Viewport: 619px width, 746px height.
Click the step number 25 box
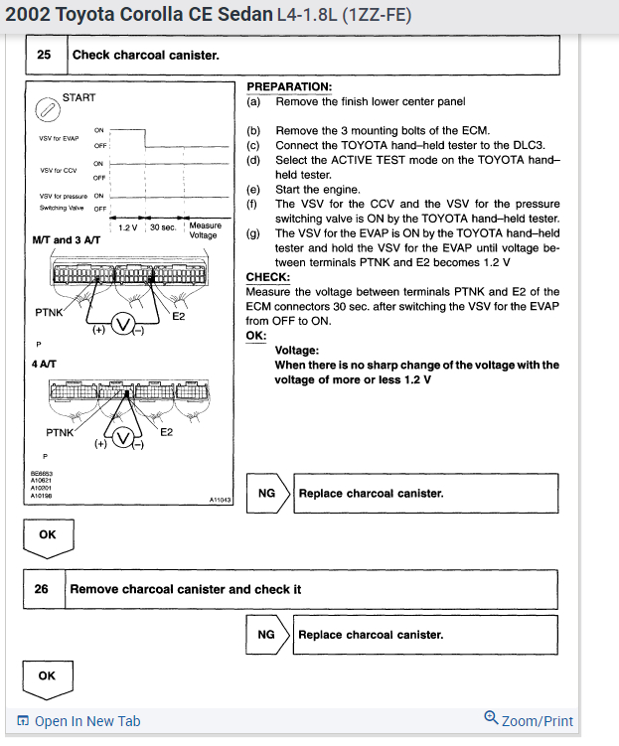pos(45,55)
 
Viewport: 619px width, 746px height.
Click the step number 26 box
pos(42,589)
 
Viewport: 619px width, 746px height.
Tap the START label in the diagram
pos(78,97)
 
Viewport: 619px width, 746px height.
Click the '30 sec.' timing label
pos(162,227)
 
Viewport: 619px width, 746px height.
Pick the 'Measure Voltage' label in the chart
pos(205,230)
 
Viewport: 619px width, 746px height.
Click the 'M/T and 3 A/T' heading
pos(67,240)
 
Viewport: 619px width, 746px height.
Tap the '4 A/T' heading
pos(44,364)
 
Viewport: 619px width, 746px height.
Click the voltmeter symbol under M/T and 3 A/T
pos(121,326)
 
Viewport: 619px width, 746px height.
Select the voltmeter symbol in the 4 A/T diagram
pos(123,439)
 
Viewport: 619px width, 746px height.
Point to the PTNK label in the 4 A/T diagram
pos(61,432)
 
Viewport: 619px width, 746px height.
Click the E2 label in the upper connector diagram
pos(179,316)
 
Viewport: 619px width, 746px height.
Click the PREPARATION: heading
pos(289,87)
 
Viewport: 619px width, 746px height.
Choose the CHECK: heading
pos(267,277)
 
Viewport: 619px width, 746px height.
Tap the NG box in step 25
pos(266,493)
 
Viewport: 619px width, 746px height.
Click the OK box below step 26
pos(47,675)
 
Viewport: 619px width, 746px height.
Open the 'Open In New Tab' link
pos(79,721)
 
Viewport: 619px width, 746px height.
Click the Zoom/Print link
pos(529,720)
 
